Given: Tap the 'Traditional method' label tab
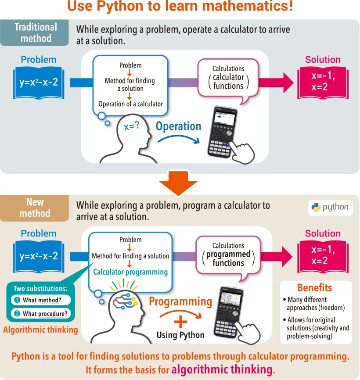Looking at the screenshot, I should [x=36, y=32].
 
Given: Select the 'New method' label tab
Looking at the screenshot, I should [x=35, y=208].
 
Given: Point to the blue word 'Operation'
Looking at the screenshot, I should [x=178, y=126].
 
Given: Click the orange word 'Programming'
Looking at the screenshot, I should [x=180, y=301].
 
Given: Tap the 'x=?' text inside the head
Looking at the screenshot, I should [x=132, y=127].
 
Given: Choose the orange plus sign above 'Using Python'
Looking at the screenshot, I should [x=180, y=322].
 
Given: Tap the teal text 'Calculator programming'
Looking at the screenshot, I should [x=130, y=272].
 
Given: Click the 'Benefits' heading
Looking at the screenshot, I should [x=315, y=288].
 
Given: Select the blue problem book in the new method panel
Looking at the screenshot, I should [x=39, y=256].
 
